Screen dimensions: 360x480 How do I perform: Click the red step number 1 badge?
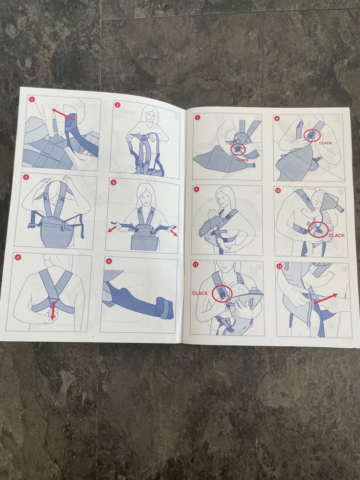point(32,99)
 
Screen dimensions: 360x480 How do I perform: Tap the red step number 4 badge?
point(113,182)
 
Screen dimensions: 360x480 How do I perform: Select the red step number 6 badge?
point(109,261)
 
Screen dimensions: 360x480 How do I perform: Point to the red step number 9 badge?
point(196,189)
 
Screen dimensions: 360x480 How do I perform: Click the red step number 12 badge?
point(279,266)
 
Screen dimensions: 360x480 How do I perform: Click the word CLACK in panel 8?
point(325,143)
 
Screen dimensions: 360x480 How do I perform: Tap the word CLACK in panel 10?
point(337,235)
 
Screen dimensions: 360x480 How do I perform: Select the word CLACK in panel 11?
point(200,293)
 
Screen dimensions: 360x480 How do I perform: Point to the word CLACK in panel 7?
point(242,160)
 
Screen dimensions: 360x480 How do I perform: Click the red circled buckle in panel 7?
point(238,150)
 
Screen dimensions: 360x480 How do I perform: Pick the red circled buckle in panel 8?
point(312,135)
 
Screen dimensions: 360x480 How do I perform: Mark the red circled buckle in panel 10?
point(318,230)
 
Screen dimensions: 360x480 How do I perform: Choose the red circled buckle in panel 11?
point(222,294)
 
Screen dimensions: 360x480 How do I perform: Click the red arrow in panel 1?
point(63,114)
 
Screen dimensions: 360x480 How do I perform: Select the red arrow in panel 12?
point(326,299)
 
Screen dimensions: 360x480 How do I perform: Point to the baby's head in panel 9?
point(212,215)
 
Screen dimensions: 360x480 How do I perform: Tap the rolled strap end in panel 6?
point(164,308)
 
